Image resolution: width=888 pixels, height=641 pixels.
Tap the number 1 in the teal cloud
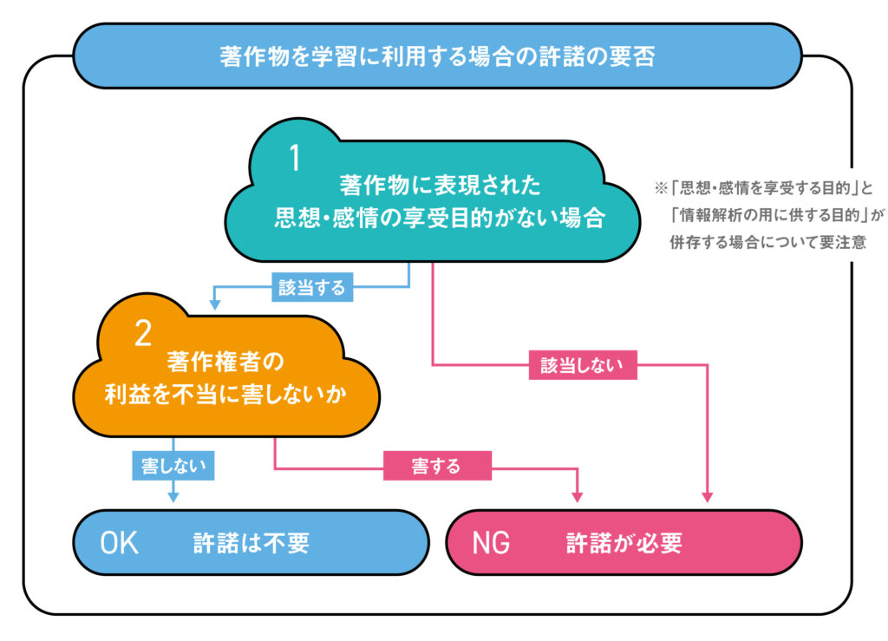pyautogui.click(x=295, y=160)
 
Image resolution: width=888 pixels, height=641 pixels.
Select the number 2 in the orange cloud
pyautogui.click(x=143, y=334)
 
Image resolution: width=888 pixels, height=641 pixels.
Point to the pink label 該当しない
pyautogui.click(x=583, y=366)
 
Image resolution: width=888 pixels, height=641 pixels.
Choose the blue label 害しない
pyautogui.click(x=173, y=466)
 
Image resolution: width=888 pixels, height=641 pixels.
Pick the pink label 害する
pyautogui.click(x=436, y=466)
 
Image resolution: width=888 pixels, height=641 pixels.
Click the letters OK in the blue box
pyautogui.click(x=120, y=543)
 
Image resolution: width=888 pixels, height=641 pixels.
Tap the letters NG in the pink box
pyautogui.click(x=491, y=543)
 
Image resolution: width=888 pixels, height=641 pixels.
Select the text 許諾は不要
pyautogui.click(x=251, y=543)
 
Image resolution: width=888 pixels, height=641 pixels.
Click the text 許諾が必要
pyautogui.click(x=624, y=543)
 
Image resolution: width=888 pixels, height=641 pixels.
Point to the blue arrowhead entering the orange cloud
pyautogui.click(x=214, y=304)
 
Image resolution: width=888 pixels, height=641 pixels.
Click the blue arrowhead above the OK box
pyautogui.click(x=173, y=497)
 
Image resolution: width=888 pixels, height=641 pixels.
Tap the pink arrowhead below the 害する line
pyautogui.click(x=578, y=497)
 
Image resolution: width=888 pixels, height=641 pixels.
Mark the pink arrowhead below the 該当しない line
pyautogui.click(x=707, y=497)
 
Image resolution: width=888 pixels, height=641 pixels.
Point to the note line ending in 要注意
pyautogui.click(x=767, y=242)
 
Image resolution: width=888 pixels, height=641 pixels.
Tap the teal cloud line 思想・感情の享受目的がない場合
pyautogui.click(x=439, y=217)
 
